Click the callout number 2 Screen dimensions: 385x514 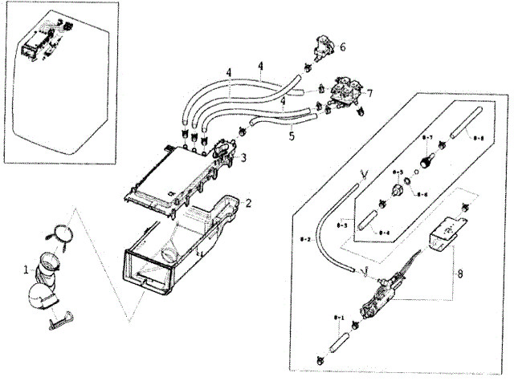tap(249, 204)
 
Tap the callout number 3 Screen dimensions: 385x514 tap(243, 157)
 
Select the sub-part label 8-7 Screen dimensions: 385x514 tap(426, 138)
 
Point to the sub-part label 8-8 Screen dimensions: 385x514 tap(477, 139)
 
